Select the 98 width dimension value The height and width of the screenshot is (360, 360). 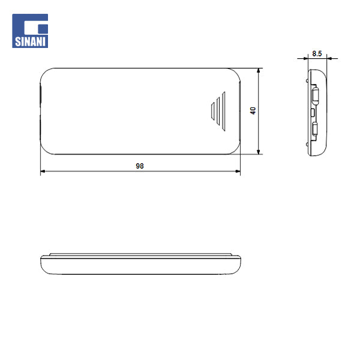[140, 166]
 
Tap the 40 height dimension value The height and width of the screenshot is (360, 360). [253, 111]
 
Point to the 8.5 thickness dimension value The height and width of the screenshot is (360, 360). [317, 53]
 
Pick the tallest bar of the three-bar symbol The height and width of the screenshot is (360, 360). [223, 110]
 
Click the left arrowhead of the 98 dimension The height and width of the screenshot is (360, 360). [43, 173]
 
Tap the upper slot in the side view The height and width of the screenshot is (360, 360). [314, 95]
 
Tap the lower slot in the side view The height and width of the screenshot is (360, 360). [314, 128]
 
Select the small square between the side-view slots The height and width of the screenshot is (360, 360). [313, 112]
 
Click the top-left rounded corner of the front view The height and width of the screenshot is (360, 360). [46, 74]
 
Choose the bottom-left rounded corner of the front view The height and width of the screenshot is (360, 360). [46, 148]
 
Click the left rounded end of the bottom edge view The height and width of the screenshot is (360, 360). [42, 264]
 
